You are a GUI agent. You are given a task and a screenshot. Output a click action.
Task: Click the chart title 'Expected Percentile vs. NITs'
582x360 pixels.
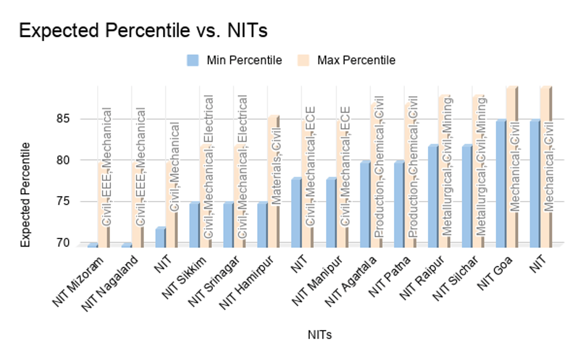pos(143,31)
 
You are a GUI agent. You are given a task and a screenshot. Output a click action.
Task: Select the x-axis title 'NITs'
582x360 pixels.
pos(320,335)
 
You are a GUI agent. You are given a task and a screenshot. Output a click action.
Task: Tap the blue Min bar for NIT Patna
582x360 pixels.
pos(398,204)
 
